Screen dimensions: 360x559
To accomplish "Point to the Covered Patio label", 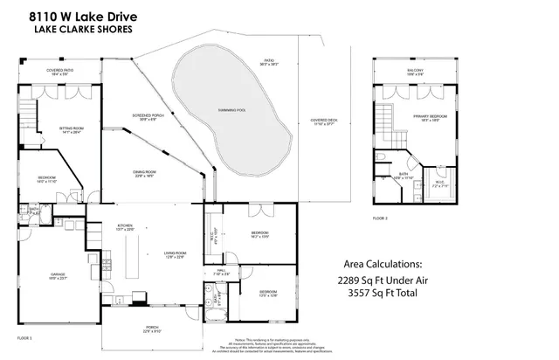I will (59, 71).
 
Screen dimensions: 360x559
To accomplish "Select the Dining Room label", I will (143, 173).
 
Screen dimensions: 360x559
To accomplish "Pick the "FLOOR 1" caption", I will (24, 336).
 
